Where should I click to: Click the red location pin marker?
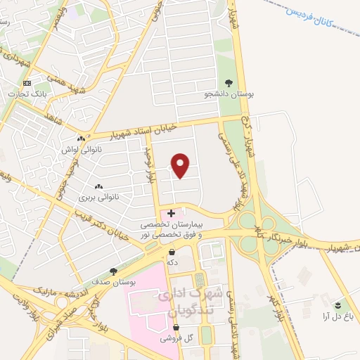coord(181,165)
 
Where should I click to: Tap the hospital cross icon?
coord(171,212)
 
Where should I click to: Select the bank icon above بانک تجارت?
coord(26,83)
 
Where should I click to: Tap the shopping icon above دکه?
coord(172,250)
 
